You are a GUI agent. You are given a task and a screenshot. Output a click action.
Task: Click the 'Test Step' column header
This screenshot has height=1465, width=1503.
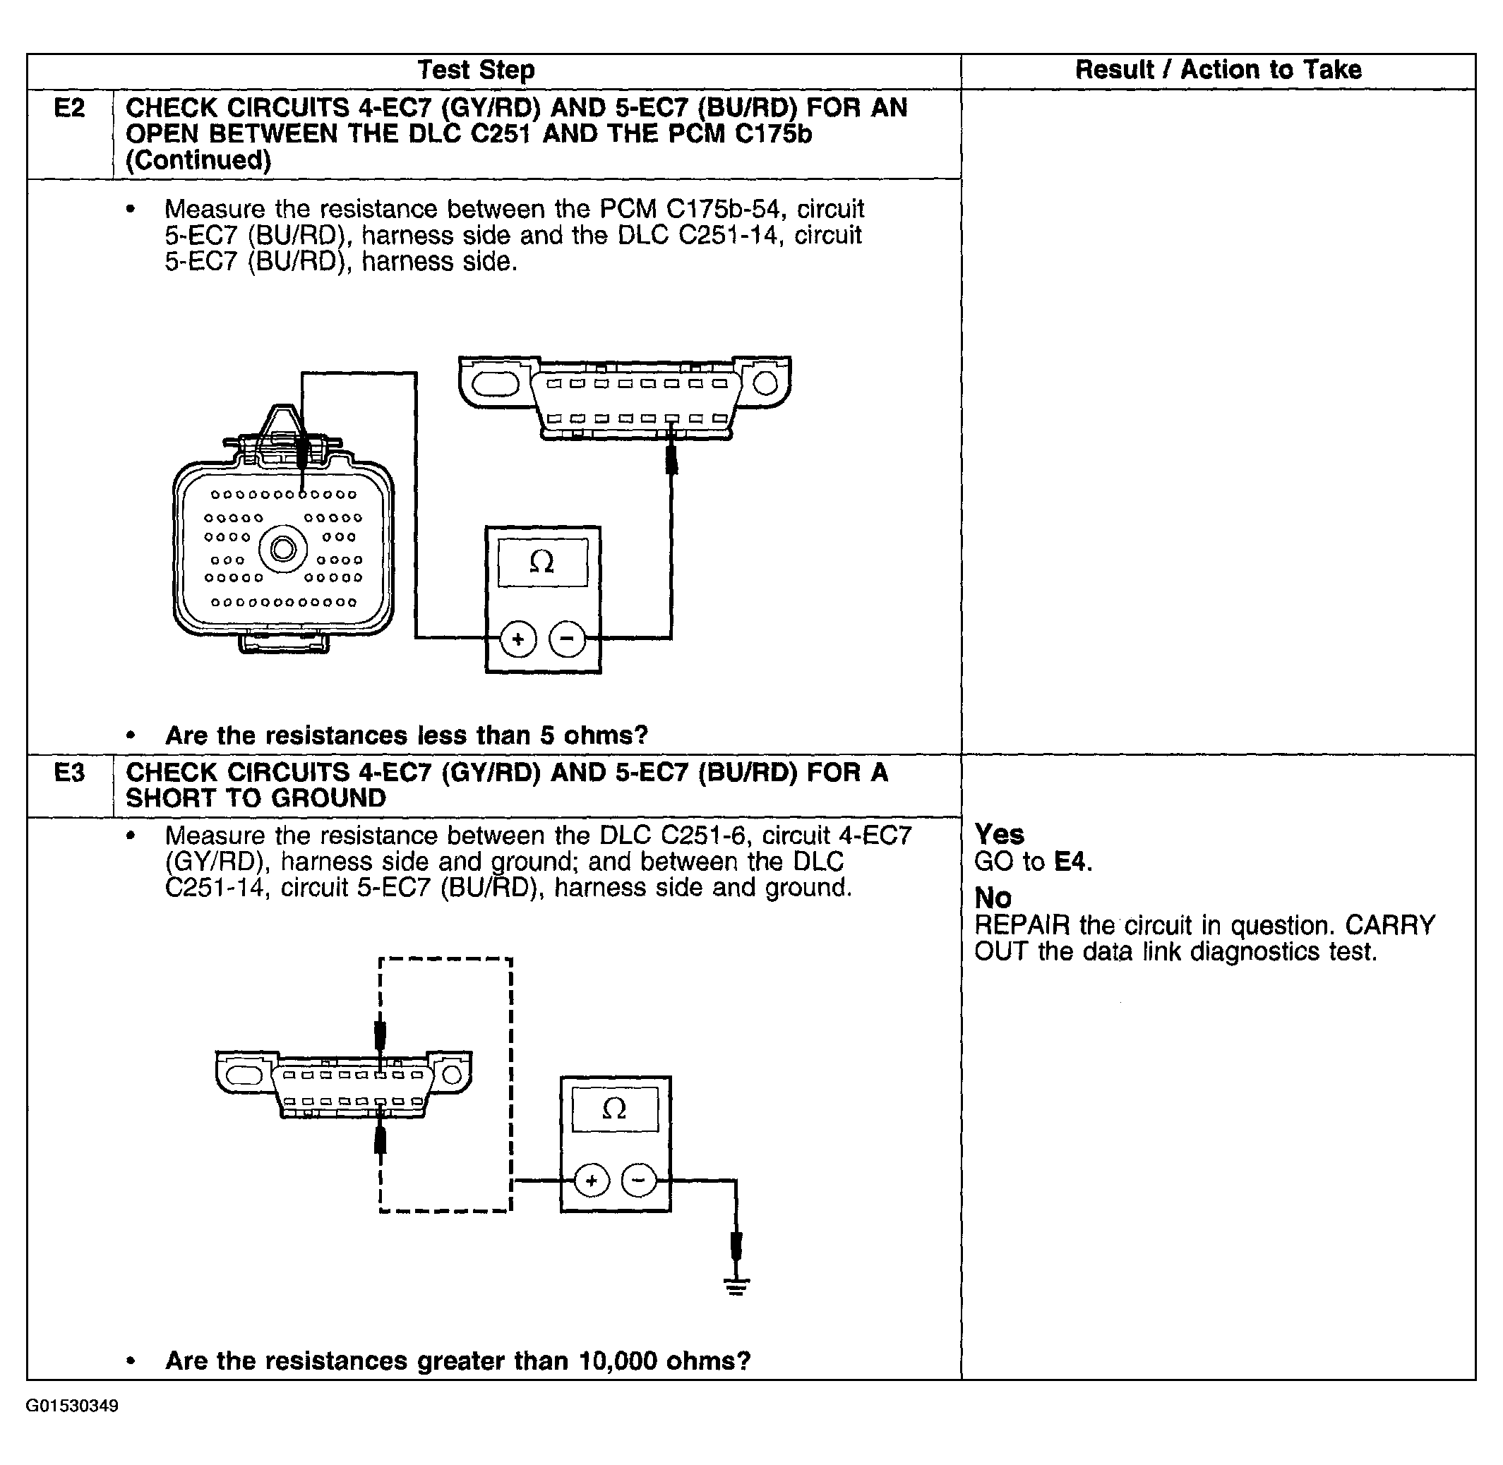pos(476,70)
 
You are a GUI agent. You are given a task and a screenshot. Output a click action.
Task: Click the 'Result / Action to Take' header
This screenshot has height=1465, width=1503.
pos(1218,70)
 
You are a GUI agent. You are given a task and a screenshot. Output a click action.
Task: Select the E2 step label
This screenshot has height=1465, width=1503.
pos(69,109)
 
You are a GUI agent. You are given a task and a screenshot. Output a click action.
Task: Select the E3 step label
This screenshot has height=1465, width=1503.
pos(69,772)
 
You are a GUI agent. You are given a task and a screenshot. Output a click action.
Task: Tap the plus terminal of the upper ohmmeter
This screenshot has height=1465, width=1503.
pos(518,639)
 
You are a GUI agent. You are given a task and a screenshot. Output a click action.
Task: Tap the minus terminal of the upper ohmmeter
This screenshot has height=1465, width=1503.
pos(567,639)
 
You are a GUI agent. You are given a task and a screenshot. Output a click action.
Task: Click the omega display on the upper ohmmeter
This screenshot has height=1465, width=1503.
pos(543,562)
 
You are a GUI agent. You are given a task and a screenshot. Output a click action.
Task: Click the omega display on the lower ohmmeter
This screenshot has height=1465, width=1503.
pos(614,1109)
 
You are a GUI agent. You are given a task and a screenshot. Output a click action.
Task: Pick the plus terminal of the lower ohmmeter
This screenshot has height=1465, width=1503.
pos(591,1181)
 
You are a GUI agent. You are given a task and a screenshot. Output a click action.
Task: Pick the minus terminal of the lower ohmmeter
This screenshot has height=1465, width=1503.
pos(640,1181)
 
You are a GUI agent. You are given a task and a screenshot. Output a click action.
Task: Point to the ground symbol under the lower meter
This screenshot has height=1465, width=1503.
pos(736,1286)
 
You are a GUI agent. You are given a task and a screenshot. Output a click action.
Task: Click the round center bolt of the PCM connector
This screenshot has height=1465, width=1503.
pos(283,549)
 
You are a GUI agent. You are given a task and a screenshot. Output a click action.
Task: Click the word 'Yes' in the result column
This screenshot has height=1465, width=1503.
pos(999,834)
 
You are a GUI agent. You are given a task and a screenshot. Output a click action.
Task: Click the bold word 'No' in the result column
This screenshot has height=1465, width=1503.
pos(993,898)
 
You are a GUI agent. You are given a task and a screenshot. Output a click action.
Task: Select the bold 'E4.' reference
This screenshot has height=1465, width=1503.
pos(1073,862)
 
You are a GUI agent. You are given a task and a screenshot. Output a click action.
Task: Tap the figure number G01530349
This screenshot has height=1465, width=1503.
pos(72,1406)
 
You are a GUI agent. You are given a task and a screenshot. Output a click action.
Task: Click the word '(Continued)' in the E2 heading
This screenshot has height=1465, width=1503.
pos(198,160)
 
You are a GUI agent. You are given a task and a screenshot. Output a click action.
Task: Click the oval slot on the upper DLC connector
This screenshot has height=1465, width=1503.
pos(496,383)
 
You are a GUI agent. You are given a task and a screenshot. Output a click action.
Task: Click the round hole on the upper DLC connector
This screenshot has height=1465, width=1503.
pos(765,382)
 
